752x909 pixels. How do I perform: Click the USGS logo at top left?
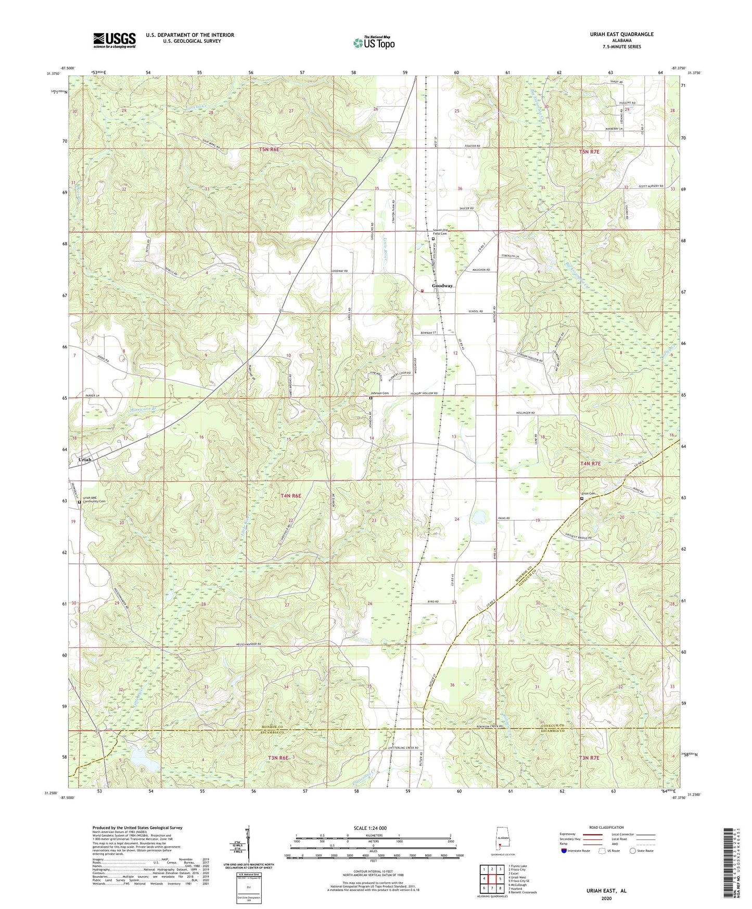tap(114, 40)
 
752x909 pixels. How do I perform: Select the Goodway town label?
tap(442, 286)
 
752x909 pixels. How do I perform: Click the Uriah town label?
tap(84, 460)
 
